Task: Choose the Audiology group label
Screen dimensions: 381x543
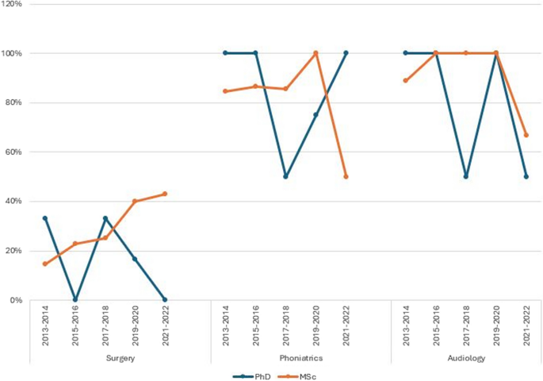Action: tap(465, 358)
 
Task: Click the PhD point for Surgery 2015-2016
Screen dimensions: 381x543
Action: tap(75, 300)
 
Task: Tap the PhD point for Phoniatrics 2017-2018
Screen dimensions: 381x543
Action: tap(285, 176)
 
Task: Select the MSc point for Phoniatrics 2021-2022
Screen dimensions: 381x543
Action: tap(346, 176)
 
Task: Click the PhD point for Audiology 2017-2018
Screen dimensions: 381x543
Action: tap(465, 176)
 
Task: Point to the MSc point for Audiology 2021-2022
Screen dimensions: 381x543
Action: tap(526, 135)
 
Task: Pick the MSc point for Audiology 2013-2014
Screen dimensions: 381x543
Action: tap(405, 80)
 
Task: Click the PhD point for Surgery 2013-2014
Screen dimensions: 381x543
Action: tap(45, 218)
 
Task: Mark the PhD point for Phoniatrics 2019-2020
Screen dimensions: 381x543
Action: tap(315, 114)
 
